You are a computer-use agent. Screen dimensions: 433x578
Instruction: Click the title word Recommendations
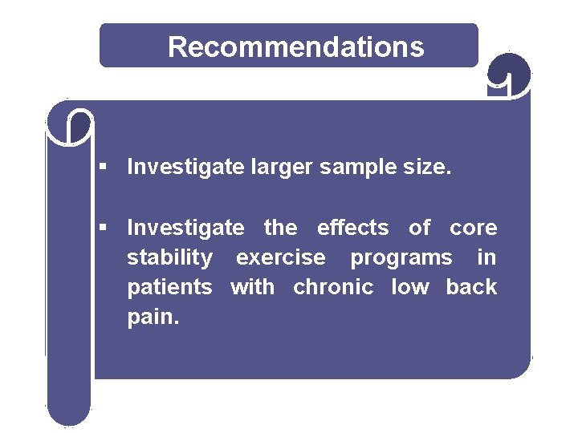tap(295, 47)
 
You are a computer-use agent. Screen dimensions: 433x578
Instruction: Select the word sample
tap(361, 168)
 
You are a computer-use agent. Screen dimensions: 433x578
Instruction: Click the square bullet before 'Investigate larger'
tap(103, 167)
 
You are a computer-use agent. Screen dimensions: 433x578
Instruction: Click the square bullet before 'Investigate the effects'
tap(103, 228)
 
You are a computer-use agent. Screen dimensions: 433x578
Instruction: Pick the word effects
tap(352, 228)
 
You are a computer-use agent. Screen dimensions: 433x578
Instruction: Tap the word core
tap(473, 228)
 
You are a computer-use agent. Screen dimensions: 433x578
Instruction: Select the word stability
tap(170, 258)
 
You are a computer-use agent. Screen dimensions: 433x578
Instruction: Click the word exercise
tap(281, 257)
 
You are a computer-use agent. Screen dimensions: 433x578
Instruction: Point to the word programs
tap(401, 258)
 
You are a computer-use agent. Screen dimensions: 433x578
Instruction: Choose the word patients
tap(169, 287)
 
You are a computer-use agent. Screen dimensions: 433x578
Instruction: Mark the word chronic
tap(333, 287)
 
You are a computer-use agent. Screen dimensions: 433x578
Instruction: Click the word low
tap(409, 287)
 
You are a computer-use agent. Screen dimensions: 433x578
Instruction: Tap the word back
tap(471, 287)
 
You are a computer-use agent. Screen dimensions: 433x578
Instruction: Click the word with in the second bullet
tap(252, 287)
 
